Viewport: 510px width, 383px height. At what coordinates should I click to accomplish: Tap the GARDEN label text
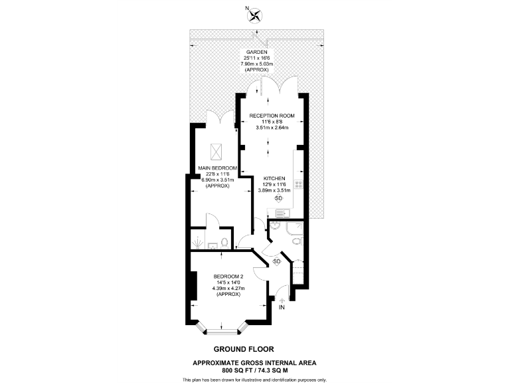(x=255, y=52)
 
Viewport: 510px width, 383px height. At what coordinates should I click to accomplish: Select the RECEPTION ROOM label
(x=272, y=115)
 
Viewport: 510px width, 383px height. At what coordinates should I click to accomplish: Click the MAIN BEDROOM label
(x=218, y=169)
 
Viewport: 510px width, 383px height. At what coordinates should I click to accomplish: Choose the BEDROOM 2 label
(x=228, y=277)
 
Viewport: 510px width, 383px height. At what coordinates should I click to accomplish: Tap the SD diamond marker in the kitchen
(x=278, y=198)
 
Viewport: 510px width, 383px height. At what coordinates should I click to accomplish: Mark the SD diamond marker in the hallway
(x=277, y=261)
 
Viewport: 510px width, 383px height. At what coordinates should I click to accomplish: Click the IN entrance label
(x=281, y=308)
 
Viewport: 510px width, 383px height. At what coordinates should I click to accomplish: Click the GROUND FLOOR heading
(x=243, y=348)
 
